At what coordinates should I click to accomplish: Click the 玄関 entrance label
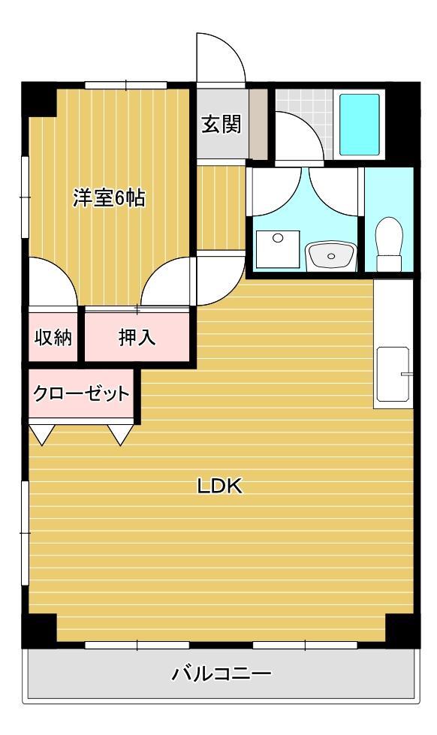(221, 125)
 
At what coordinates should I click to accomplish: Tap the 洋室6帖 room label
(109, 198)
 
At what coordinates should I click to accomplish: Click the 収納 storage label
(53, 338)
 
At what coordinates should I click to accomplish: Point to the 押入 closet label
(137, 338)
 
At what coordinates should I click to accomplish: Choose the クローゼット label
(81, 393)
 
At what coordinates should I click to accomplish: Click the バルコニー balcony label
(222, 673)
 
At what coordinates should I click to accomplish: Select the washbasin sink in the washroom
(330, 256)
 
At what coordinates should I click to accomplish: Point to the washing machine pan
(277, 249)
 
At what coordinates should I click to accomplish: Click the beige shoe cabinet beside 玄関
(258, 125)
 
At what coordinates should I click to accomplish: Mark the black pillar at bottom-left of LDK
(38, 629)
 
